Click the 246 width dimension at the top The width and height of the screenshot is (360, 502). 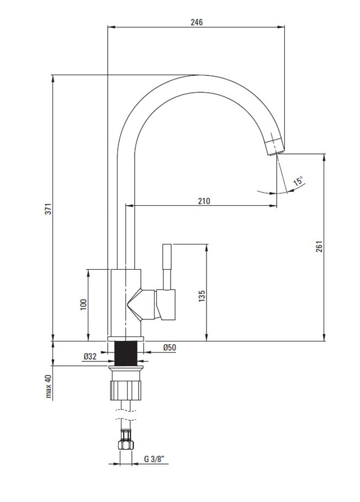pyautogui.click(x=197, y=22)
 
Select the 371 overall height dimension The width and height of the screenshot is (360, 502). pyautogui.click(x=48, y=209)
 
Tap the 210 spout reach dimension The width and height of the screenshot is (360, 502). pyautogui.click(x=204, y=201)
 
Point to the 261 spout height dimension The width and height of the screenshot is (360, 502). pyautogui.click(x=319, y=246)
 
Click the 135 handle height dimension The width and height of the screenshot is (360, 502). pyautogui.click(x=202, y=296)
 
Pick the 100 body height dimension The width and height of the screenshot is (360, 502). pyautogui.click(x=83, y=305)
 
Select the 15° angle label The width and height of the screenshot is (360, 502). pyautogui.click(x=298, y=181)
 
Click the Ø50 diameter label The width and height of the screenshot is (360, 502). pyautogui.click(x=170, y=347)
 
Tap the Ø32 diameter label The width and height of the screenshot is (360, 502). pyautogui.click(x=90, y=356)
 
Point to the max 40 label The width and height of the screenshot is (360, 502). pyautogui.click(x=48, y=386)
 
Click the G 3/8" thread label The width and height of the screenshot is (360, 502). pyautogui.click(x=154, y=459)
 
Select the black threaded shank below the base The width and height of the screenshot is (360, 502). pyautogui.click(x=126, y=353)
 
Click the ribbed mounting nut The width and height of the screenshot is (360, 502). pyautogui.click(x=126, y=389)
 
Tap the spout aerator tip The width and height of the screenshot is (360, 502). pyautogui.click(x=275, y=147)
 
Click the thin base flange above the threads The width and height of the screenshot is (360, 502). pyautogui.click(x=126, y=339)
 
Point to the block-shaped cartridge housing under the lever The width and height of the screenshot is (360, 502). pyautogui.click(x=166, y=305)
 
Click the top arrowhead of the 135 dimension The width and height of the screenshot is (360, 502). pyautogui.click(x=207, y=247)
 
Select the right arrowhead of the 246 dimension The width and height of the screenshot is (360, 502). pyautogui.click(x=281, y=27)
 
